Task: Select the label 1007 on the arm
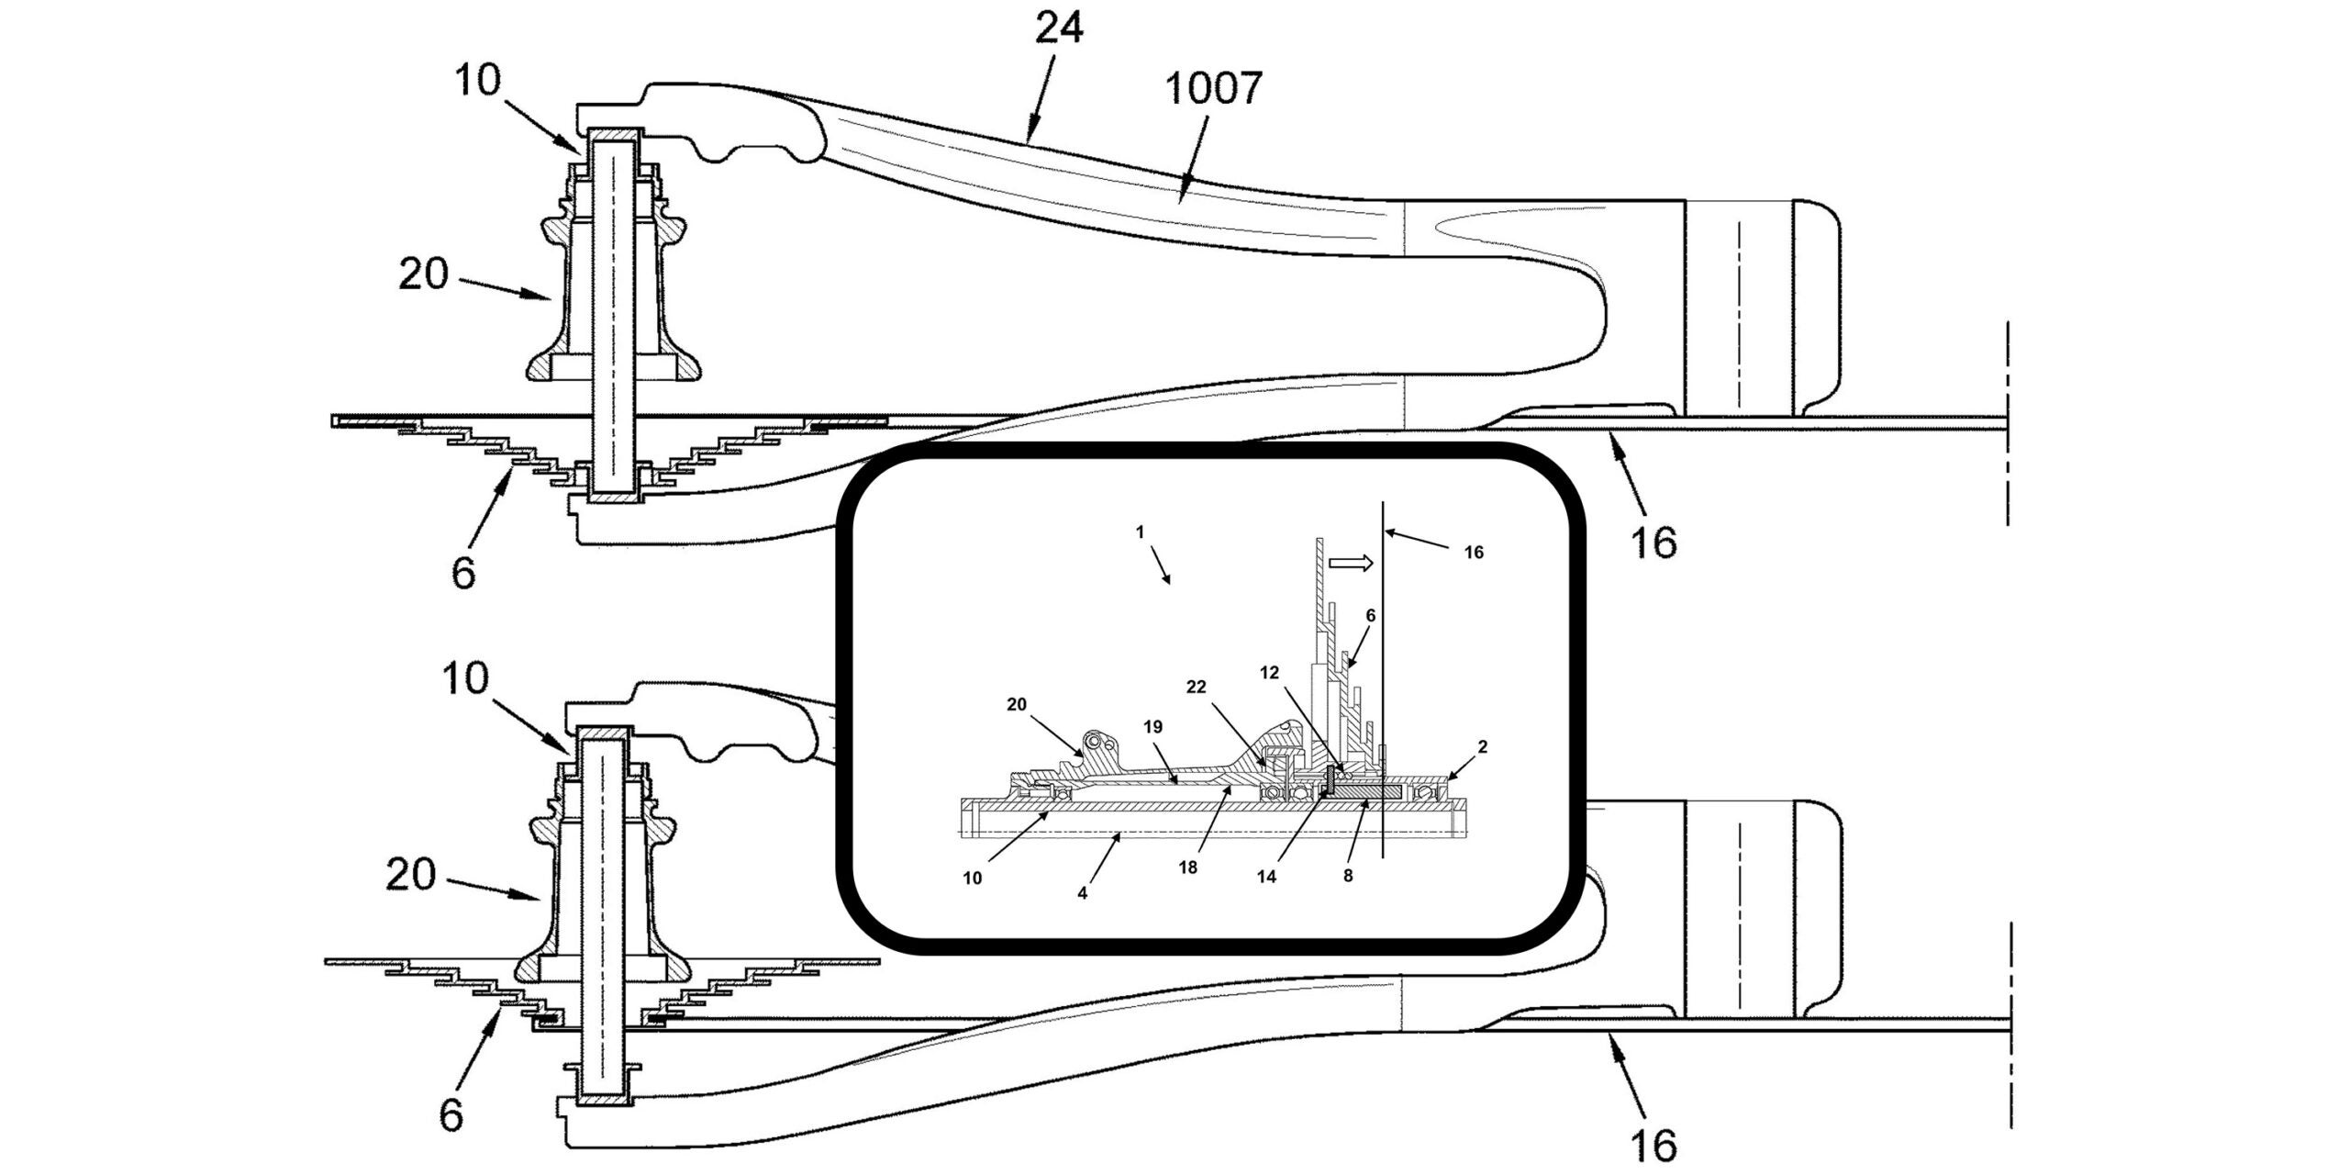(x=1213, y=89)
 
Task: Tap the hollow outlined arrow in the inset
(x=1350, y=563)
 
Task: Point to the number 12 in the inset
(x=1269, y=673)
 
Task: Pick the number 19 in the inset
(x=1153, y=727)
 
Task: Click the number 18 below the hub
(x=1187, y=867)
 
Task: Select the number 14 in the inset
(x=1266, y=877)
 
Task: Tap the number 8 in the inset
(x=1348, y=876)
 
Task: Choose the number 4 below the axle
(x=1082, y=892)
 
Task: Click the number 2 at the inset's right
(x=1483, y=747)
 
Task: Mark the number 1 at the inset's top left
(x=1140, y=532)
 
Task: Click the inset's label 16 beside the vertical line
(x=1473, y=553)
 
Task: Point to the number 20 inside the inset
(x=1017, y=704)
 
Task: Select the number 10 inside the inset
(x=973, y=878)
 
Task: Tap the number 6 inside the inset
(x=1371, y=616)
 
